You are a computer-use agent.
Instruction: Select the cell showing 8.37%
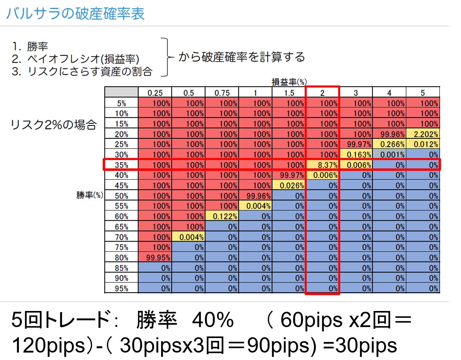(x=322, y=165)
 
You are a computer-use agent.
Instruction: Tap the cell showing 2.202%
(x=423, y=134)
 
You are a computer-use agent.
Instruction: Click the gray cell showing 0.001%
(x=389, y=155)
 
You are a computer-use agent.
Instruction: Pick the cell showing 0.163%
(x=356, y=155)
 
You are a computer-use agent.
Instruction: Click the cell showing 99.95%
(x=155, y=258)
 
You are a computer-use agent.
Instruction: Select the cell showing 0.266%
(x=389, y=144)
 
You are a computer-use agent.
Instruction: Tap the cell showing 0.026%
(x=289, y=185)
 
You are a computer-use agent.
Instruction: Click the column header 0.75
(x=221, y=93)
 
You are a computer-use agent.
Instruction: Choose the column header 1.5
(x=289, y=93)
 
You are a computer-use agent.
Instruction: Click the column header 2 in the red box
(x=322, y=93)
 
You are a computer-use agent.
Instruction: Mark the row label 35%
(x=121, y=165)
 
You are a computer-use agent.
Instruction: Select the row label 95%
(x=121, y=289)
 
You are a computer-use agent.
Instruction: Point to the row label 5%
(x=121, y=103)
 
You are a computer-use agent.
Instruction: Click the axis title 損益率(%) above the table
(x=289, y=82)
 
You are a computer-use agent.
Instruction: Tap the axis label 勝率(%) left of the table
(x=90, y=195)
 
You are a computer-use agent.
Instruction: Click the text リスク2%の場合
(x=54, y=125)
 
